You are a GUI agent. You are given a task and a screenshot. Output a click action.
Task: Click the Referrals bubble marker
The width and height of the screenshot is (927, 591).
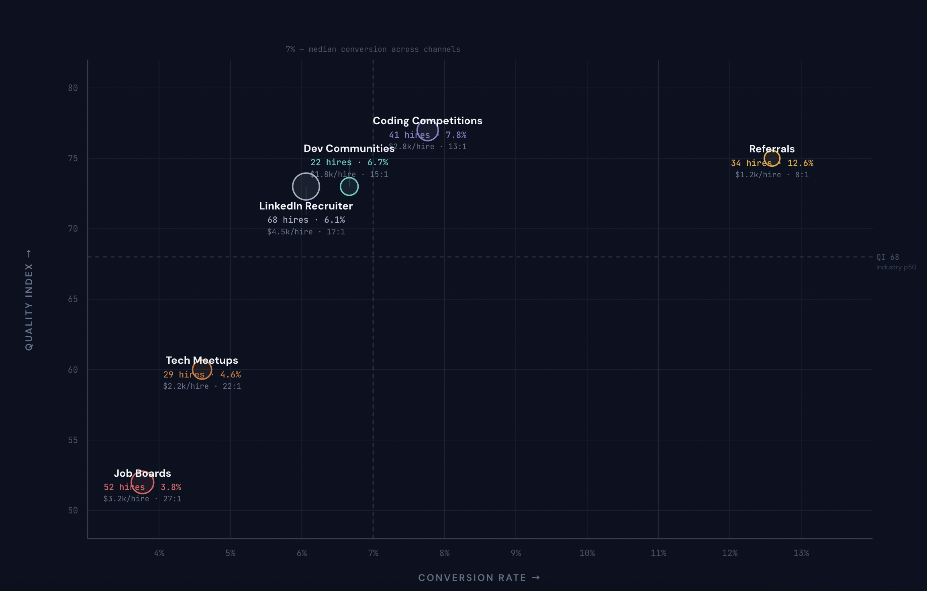point(772,158)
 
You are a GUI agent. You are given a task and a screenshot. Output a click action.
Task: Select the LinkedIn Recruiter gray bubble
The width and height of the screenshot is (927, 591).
point(306,186)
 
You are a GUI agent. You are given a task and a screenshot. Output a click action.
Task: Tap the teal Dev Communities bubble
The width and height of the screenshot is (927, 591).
point(349,187)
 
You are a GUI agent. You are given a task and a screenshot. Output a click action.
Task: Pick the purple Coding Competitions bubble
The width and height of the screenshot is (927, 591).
point(427,130)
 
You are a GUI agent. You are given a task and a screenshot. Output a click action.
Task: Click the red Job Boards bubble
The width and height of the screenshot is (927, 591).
point(142,482)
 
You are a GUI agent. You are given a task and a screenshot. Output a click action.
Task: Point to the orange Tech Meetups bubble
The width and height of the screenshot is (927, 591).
point(202,369)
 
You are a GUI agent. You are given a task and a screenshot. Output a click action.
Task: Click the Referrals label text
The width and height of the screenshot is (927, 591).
point(772,149)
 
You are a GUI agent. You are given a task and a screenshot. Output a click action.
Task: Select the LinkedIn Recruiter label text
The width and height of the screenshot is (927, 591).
point(306,206)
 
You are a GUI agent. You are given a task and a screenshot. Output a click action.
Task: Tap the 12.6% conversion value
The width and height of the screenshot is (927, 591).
point(800,163)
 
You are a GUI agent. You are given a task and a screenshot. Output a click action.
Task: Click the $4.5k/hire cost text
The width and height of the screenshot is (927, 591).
point(290,232)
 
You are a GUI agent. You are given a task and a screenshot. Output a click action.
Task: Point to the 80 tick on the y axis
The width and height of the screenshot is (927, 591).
point(73,88)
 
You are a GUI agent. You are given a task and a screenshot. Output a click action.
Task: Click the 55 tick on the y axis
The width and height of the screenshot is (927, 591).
point(73,440)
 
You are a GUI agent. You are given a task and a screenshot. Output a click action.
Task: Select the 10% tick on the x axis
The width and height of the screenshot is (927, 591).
point(587,553)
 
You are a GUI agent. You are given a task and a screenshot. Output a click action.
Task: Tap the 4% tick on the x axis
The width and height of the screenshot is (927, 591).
point(159,553)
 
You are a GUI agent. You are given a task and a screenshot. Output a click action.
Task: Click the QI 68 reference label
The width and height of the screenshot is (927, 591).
point(888,257)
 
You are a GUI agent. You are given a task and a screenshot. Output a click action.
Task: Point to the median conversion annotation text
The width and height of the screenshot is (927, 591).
point(373,49)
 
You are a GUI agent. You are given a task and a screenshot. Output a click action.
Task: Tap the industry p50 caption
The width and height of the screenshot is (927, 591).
point(896,267)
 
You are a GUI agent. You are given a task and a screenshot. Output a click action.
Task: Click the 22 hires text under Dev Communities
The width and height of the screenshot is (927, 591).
point(331,162)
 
